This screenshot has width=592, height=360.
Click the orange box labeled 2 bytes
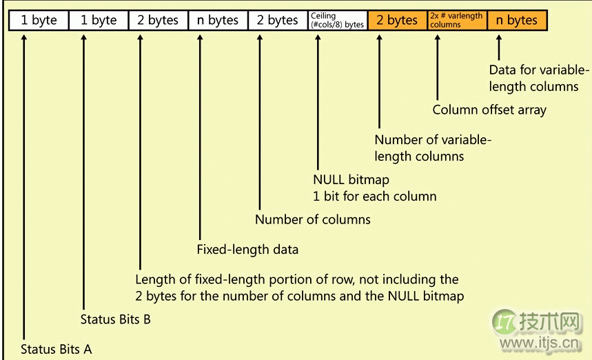[x=397, y=20]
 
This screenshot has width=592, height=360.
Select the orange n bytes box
[x=517, y=20]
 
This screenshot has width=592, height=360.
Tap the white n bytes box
[x=218, y=20]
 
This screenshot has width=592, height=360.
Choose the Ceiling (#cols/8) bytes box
[x=338, y=20]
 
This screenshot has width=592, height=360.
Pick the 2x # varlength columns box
[x=457, y=20]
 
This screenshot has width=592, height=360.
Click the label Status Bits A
[x=57, y=349]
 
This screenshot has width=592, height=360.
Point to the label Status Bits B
[x=116, y=319]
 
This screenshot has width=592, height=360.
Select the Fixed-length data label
[x=247, y=250]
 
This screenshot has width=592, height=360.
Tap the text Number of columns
[x=313, y=219]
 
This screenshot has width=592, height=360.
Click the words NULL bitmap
[x=351, y=179]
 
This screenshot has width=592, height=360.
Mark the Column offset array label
[x=489, y=110]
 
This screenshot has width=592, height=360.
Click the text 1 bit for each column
[x=374, y=197]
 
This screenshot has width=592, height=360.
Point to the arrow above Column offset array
[x=437, y=67]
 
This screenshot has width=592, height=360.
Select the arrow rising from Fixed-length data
[x=200, y=137]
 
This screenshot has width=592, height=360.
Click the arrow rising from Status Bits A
[x=24, y=188]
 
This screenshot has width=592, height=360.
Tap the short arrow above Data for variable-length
[x=499, y=48]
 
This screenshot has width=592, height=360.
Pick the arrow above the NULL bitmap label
[x=318, y=102]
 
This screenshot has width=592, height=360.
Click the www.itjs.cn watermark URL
[x=539, y=343]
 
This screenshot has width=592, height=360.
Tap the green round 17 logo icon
[x=504, y=322]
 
